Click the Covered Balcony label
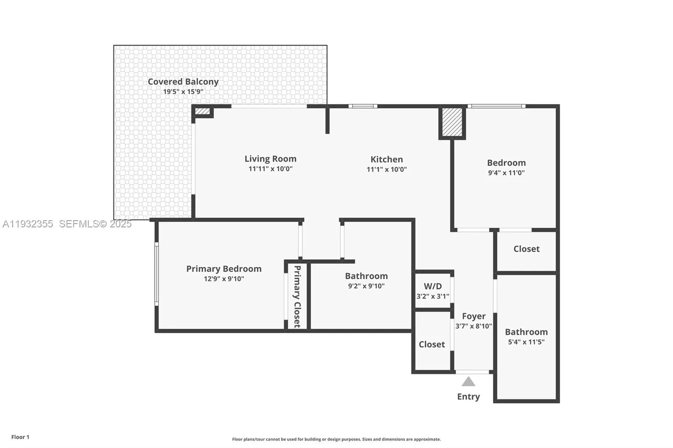click(x=183, y=82)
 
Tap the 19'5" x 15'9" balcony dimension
click(x=183, y=92)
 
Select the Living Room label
click(x=270, y=159)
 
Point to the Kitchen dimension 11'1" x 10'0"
click(x=387, y=169)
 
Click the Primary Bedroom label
click(x=224, y=269)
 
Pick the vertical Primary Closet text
click(x=297, y=296)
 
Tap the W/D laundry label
click(x=433, y=286)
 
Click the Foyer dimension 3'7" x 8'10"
click(x=474, y=326)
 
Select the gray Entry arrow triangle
click(x=468, y=382)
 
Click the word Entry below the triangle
click(x=468, y=397)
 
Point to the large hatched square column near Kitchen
click(x=452, y=122)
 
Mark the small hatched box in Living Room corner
click(x=202, y=111)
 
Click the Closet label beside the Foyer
click(x=432, y=344)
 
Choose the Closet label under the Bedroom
click(x=526, y=249)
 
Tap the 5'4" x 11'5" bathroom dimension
click(x=526, y=342)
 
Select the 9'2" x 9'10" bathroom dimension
click(x=366, y=286)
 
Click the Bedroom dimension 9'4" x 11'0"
click(x=506, y=173)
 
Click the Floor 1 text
click(x=20, y=437)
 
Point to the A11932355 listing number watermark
click(x=28, y=224)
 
